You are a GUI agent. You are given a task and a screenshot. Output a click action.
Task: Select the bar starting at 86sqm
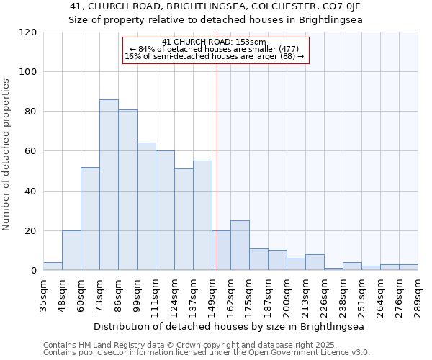127,190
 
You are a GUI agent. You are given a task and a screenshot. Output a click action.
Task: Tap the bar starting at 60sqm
90,219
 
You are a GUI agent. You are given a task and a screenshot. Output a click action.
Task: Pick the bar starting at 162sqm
240,246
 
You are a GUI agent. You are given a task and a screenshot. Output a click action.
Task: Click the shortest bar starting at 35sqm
53,266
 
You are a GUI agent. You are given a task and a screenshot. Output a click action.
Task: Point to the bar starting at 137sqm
202,216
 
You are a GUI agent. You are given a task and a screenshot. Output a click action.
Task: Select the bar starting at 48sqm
71,251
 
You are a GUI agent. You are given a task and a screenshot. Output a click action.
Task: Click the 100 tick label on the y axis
28,72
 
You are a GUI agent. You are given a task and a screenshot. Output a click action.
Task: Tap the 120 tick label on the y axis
28,32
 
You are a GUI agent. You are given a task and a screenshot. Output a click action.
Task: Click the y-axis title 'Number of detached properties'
6,155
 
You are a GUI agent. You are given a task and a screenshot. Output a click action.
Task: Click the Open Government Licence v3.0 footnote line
207,353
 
